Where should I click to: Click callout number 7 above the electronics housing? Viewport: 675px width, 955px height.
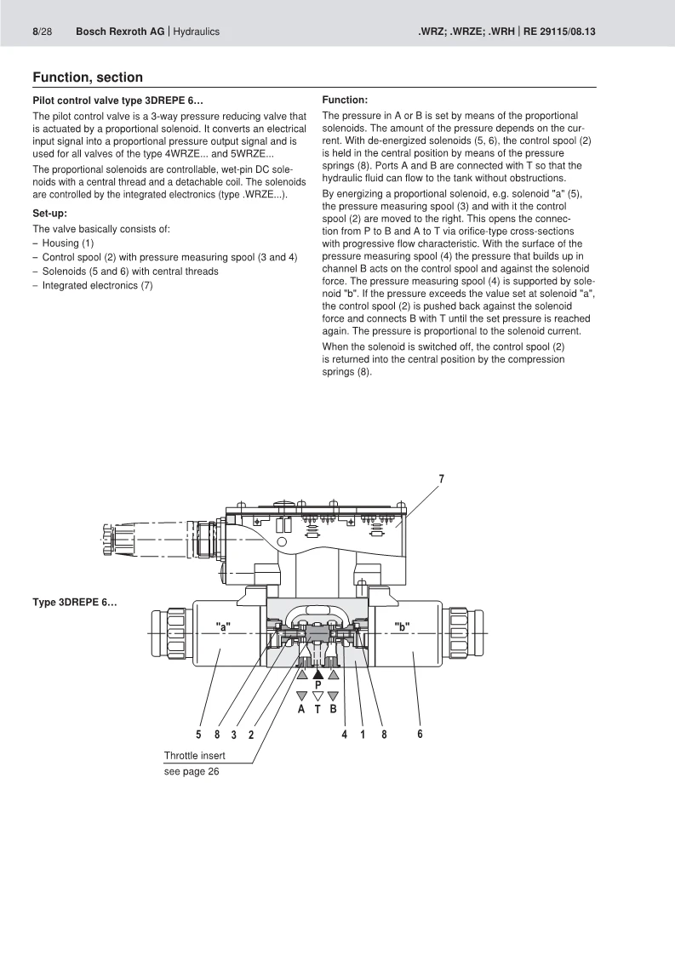pyautogui.click(x=441, y=478)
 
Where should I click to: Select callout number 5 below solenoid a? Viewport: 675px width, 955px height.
pyautogui.click(x=198, y=734)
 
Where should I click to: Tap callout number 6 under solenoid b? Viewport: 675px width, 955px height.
pyautogui.click(x=420, y=734)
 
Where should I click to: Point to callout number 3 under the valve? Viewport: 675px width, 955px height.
pyautogui.click(x=234, y=734)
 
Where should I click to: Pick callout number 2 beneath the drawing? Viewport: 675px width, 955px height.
pyautogui.click(x=251, y=734)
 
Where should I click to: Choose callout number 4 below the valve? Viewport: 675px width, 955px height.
pyautogui.click(x=345, y=734)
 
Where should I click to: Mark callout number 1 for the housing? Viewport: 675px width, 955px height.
pyautogui.click(x=363, y=734)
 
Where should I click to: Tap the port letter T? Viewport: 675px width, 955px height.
pyautogui.click(x=317, y=709)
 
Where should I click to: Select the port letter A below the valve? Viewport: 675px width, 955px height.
pyautogui.click(x=301, y=709)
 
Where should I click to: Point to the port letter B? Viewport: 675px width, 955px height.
pyautogui.click(x=334, y=709)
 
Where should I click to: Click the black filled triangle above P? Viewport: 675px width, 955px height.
pyautogui.click(x=317, y=672)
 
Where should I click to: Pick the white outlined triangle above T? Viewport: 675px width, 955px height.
pyautogui.click(x=317, y=695)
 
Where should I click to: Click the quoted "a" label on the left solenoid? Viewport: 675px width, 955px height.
pyautogui.click(x=223, y=627)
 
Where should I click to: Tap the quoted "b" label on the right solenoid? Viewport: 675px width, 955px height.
pyautogui.click(x=402, y=627)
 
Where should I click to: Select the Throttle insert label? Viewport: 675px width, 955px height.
pyautogui.click(x=195, y=756)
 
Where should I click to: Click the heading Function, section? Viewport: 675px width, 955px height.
pyautogui.click(x=88, y=77)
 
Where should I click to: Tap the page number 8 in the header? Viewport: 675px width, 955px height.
pyautogui.click(x=36, y=31)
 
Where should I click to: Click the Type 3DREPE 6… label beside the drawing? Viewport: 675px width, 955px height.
pyautogui.click(x=75, y=603)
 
